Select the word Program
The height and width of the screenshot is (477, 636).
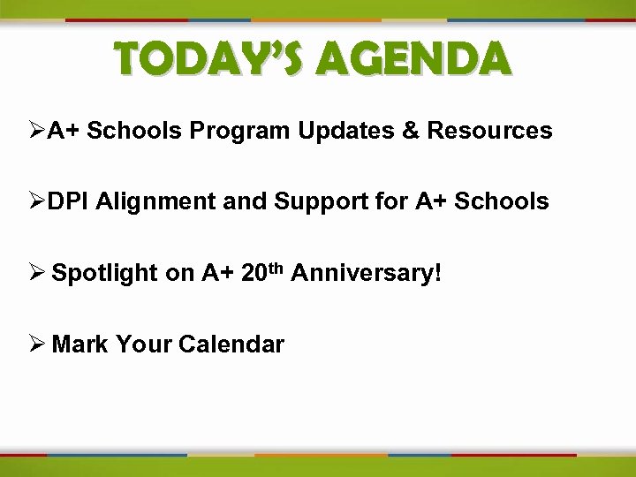241,132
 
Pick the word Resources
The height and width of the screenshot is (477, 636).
489,132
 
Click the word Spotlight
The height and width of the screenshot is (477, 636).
105,274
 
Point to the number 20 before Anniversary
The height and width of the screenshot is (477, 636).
254,273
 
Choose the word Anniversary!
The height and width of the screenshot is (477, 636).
365,274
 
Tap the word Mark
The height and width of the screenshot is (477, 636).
79,344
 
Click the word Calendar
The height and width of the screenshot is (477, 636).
231,344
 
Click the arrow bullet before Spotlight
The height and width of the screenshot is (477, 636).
37,273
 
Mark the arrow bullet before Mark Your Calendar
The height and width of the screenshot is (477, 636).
37,344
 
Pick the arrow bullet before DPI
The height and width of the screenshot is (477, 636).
37,202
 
